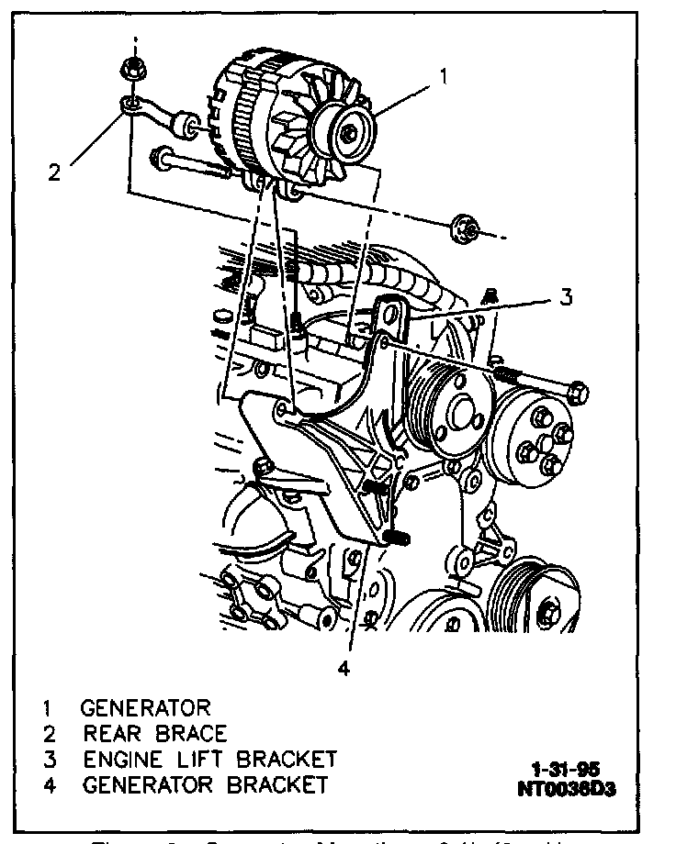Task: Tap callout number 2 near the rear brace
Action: point(55,172)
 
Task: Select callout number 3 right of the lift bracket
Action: point(567,296)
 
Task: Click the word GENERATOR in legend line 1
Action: point(145,708)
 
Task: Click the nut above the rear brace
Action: point(129,68)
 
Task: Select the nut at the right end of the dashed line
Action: point(461,230)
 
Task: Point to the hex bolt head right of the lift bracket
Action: point(578,393)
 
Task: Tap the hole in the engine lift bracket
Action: point(395,315)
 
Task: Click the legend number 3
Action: point(46,760)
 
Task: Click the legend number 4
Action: point(46,785)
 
